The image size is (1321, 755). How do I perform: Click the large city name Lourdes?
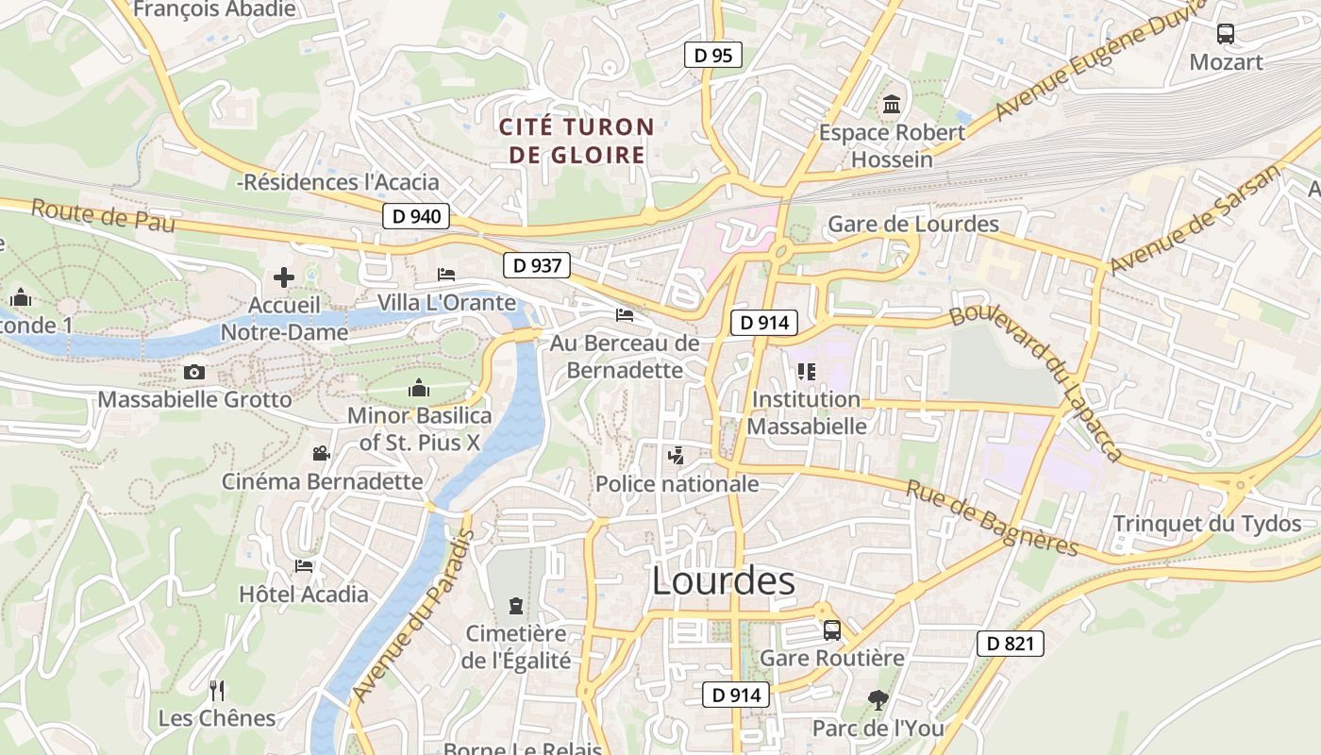pos(723,581)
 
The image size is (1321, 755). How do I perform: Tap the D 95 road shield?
pos(713,56)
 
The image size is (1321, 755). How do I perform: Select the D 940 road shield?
pos(416,216)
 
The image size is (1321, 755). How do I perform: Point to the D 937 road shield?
pos(537,265)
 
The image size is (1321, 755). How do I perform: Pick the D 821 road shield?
pos(1010,645)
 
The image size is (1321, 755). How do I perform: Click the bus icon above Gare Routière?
pos(831,629)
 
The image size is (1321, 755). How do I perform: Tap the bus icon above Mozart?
pos(1226,34)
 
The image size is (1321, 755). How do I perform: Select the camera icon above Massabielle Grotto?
pos(194,372)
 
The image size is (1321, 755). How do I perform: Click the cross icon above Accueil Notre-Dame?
pos(284,277)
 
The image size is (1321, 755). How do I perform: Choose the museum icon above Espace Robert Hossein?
pos(892,104)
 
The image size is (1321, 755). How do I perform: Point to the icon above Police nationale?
pos(676,457)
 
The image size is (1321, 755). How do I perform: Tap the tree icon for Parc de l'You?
pos(878,700)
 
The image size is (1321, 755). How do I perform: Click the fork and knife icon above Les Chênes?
pos(217,691)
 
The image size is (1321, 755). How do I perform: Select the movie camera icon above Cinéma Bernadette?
pos(322,454)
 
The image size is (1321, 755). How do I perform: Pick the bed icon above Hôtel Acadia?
pos(304,566)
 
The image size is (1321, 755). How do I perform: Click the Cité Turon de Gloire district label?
pos(577,141)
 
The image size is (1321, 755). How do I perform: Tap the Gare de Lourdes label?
pos(912,224)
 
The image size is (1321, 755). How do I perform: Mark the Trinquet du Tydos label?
pos(1207,524)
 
